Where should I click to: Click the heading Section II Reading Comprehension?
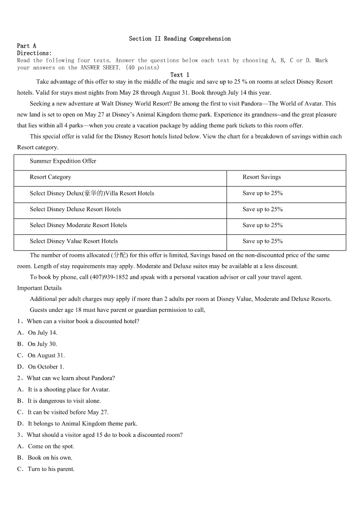180,39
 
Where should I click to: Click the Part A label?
26,46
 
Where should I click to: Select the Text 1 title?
180,75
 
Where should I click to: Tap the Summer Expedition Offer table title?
63,161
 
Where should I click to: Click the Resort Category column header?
50,177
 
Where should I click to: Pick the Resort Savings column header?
262,177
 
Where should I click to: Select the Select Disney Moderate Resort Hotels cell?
78,225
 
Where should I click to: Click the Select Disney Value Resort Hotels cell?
74,241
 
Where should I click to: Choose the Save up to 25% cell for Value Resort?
263,241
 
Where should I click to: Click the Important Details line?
39,288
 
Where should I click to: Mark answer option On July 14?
42,333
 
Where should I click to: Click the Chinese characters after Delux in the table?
94,193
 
